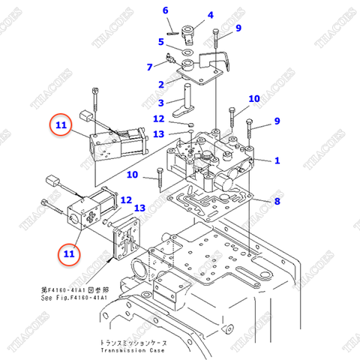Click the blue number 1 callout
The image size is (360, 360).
[277, 160]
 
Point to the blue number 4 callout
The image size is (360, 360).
[210, 14]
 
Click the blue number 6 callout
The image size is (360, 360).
[166, 10]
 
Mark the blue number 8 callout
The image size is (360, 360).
[277, 201]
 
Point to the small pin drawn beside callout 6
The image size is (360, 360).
[172, 31]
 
